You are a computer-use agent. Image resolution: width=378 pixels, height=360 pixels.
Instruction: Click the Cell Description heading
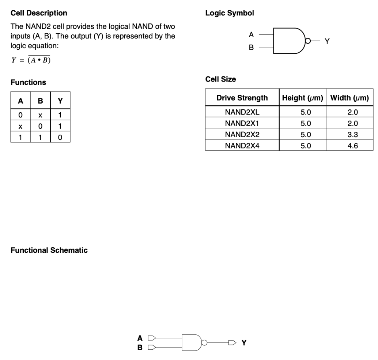[39, 13]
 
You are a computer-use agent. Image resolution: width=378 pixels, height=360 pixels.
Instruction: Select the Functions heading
[29, 82]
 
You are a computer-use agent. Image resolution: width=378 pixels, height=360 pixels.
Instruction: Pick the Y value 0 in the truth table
[60, 137]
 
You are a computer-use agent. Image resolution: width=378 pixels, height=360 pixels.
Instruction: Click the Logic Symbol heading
[230, 13]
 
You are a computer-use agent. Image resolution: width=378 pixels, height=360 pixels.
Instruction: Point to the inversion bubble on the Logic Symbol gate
[308, 41]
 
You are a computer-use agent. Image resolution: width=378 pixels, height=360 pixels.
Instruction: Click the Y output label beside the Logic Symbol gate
[327, 41]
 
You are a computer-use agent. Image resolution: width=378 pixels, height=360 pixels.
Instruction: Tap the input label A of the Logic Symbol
[251, 35]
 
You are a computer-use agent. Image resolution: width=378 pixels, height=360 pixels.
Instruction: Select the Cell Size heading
[220, 79]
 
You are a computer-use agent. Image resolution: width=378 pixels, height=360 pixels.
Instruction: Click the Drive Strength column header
[242, 98]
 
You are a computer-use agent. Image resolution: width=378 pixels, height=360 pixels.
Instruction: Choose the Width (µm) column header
[349, 98]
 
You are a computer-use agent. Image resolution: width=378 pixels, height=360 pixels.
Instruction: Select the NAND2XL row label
[242, 112]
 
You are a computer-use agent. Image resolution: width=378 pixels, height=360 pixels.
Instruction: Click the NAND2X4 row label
[242, 146]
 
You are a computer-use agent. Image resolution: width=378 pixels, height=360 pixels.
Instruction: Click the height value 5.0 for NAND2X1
[306, 123]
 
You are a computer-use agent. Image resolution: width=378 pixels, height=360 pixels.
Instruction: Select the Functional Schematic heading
[49, 250]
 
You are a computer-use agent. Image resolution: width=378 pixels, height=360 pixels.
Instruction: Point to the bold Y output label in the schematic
[244, 343]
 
